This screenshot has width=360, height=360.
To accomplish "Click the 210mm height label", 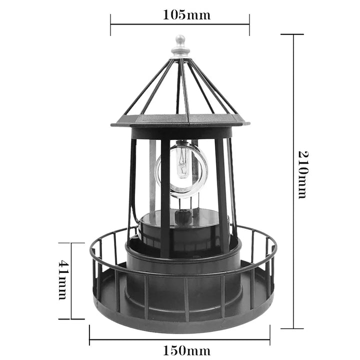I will click(302, 173).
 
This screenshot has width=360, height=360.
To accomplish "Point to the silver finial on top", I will click(179, 45).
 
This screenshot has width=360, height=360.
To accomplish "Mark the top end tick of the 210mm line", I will click(292, 34).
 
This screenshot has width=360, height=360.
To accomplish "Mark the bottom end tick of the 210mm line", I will click(292, 328).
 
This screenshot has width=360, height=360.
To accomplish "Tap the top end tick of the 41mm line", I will click(71, 243).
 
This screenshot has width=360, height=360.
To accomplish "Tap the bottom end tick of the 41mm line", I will click(71, 319).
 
